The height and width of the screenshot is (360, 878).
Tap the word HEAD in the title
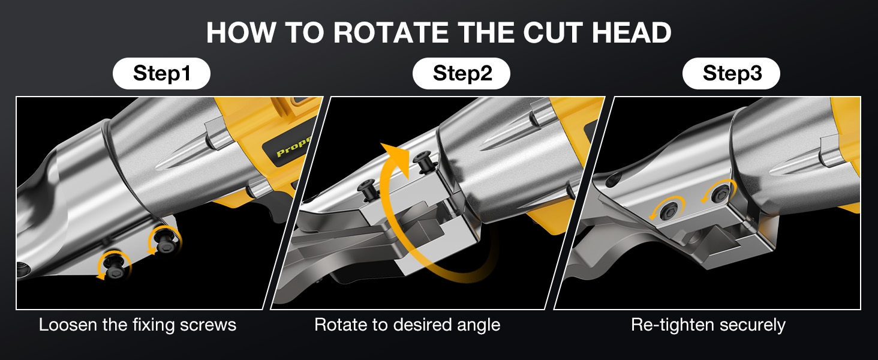click(x=632, y=32)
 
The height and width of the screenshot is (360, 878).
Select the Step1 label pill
click(x=161, y=73)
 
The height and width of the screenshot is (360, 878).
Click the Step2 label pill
click(x=461, y=73)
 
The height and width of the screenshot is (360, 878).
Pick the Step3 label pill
click(x=732, y=73)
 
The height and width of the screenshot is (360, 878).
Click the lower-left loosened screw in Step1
click(x=114, y=266)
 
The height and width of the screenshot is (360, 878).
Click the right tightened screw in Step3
click(x=720, y=194)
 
